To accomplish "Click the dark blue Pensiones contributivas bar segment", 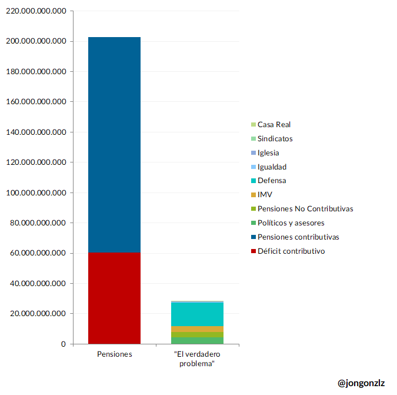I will (x=114, y=144).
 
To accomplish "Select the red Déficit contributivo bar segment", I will (x=114, y=298).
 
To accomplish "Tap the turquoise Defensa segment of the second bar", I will (x=197, y=314).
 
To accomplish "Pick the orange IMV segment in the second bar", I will (x=197, y=328).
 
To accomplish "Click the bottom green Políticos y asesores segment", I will (x=197, y=340).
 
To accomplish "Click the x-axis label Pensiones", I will (x=114, y=354).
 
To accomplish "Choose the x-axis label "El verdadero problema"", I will (x=197, y=359).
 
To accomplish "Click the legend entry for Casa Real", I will (x=274, y=125).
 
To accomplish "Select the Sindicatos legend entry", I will (x=275, y=139).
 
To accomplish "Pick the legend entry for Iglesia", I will (x=268, y=153).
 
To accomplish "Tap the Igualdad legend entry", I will (x=272, y=167).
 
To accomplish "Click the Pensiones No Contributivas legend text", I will (x=305, y=209).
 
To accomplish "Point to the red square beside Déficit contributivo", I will (x=253, y=252).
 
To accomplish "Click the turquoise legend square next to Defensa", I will (x=253, y=181).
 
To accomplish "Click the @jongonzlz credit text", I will (x=361, y=383).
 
